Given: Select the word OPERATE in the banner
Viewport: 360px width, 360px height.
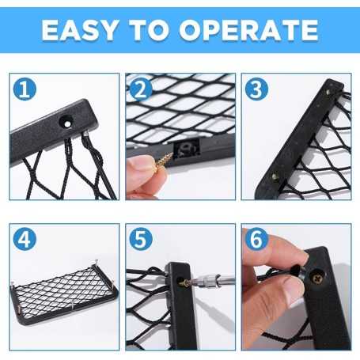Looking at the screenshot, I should point(249,30).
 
